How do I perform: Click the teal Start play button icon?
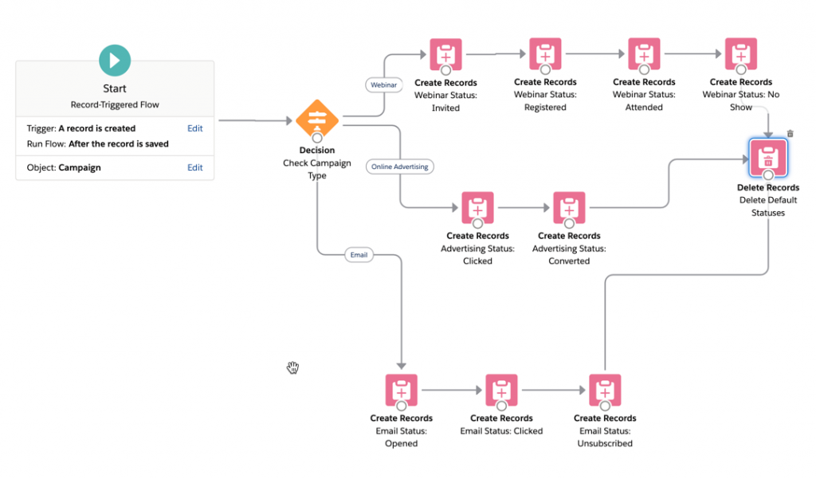pyautogui.click(x=115, y=61)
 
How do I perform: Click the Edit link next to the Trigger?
pyautogui.click(x=194, y=128)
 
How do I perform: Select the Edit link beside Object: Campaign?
pyautogui.click(x=194, y=167)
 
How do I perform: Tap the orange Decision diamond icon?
pyautogui.click(x=317, y=120)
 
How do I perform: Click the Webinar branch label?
pyautogui.click(x=383, y=84)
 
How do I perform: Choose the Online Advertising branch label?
pyautogui.click(x=400, y=167)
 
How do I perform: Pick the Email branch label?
pyautogui.click(x=359, y=255)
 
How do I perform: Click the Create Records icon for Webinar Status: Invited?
pyautogui.click(x=445, y=54)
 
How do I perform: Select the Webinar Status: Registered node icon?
pyautogui.click(x=545, y=54)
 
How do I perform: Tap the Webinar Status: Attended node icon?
pyautogui.click(x=644, y=54)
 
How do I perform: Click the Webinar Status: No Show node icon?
pyautogui.click(x=740, y=54)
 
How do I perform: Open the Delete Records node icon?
pyautogui.click(x=767, y=157)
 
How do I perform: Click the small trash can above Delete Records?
pyautogui.click(x=790, y=134)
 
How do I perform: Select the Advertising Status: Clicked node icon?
pyautogui.click(x=477, y=208)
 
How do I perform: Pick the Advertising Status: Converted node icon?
pyautogui.click(x=569, y=208)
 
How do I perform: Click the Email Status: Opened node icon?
pyautogui.click(x=401, y=391)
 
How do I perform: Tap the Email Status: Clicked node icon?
pyautogui.click(x=501, y=391)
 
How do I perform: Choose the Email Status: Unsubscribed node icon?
pyautogui.click(x=605, y=391)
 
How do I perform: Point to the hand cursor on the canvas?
pyautogui.click(x=293, y=367)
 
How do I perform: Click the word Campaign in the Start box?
pyautogui.click(x=80, y=168)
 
